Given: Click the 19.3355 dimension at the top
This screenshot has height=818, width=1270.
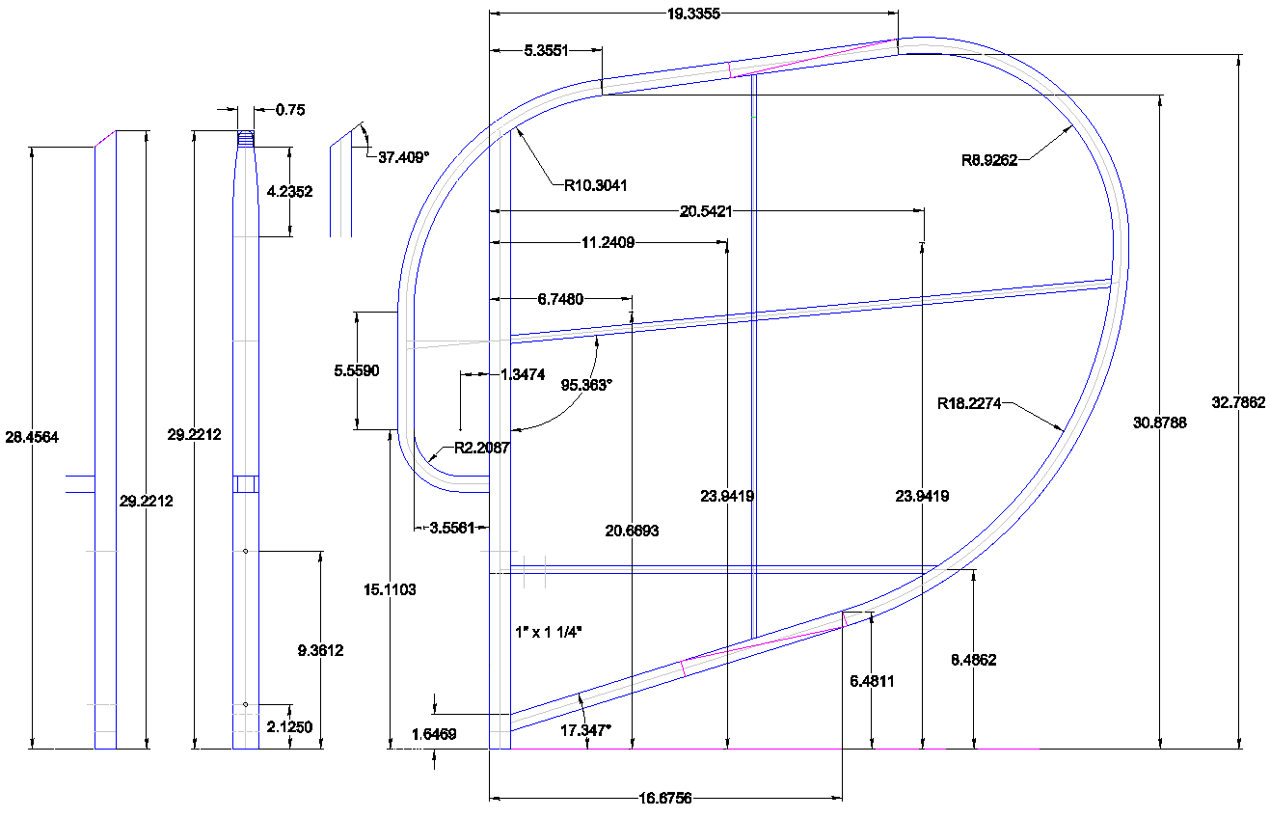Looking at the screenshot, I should pos(693,14).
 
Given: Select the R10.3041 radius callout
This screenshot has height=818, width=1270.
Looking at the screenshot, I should pos(595,185).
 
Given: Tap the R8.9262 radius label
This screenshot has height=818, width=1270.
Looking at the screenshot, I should pos(988,161).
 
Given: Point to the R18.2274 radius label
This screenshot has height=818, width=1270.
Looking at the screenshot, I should pos(969,404).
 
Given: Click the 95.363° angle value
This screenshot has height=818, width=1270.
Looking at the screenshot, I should pos(586,384).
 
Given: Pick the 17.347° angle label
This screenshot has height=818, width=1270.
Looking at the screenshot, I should pos(585,731).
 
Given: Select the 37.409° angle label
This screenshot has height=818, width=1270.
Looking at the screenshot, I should pos(402,157).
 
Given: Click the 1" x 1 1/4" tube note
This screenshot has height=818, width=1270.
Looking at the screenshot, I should pos(550,632).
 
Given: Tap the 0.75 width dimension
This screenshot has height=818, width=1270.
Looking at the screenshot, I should pos(289,110).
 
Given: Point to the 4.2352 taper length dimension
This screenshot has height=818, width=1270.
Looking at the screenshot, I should pos(289,192).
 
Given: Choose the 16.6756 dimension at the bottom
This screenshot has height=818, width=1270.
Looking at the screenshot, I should pos(665,799).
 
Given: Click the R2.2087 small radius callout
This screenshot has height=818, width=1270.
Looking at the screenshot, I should pos(474,449).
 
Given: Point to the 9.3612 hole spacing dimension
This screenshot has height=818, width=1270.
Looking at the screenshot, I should pos(319,651).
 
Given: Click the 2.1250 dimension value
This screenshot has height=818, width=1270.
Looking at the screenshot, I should pos(288,727).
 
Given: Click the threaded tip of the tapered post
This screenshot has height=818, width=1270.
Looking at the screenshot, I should pos(246,139).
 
